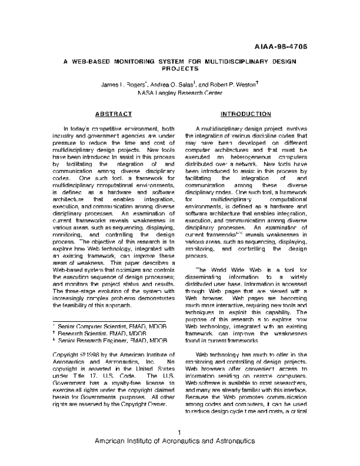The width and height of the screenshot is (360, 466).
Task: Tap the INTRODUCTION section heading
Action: [245, 113]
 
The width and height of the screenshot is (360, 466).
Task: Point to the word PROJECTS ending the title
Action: [179, 69]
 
